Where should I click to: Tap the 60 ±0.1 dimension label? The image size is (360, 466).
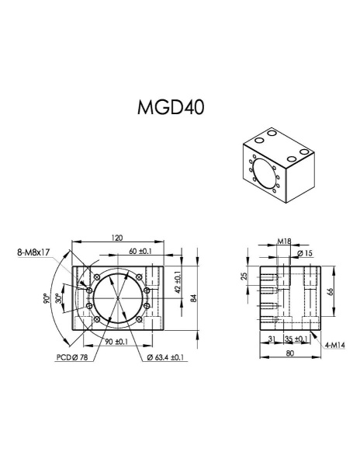140,252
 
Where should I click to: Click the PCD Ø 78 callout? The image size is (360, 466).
72,358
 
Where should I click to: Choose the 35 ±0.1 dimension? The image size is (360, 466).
295,339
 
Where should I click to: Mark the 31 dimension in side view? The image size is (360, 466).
268,339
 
